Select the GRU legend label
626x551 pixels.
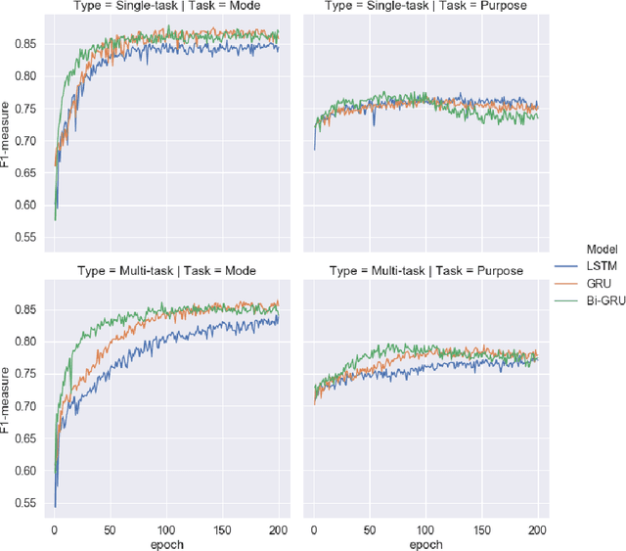[x=598, y=281]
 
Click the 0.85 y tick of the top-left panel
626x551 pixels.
[x=28, y=44]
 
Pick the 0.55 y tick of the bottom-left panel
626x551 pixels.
[x=28, y=503]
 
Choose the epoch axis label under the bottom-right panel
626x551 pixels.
[x=424, y=543]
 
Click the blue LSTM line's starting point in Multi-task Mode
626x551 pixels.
[x=55, y=506]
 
